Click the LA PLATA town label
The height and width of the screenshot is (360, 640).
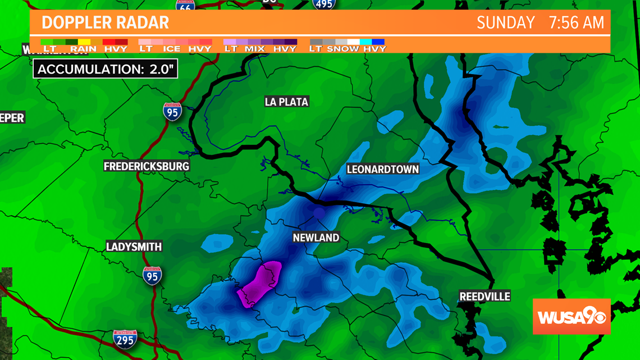coord(287,102)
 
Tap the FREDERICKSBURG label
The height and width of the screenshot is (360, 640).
coord(147,166)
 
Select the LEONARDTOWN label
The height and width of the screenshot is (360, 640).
coord(383,169)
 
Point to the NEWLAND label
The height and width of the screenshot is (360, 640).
coord(316,238)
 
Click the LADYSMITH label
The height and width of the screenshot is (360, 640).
coord(134,247)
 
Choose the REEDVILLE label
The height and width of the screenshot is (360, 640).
coord(485,296)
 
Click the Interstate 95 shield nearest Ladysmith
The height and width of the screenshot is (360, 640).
coord(152,276)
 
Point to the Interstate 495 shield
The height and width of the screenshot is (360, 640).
coord(324,4)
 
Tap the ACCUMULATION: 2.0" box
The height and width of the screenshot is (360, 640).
coord(106,69)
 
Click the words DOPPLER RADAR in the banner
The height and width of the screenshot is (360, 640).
coord(105,22)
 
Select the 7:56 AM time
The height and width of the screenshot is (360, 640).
coord(577,22)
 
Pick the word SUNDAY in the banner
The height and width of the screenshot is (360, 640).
coord(505,22)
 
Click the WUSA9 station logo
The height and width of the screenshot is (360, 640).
coord(571,316)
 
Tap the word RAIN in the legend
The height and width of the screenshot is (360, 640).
coord(83,49)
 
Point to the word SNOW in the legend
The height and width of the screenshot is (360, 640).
coord(343,49)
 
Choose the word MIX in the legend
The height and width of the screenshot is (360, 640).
coord(254,49)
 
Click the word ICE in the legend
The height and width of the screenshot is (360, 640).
coord(172,49)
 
